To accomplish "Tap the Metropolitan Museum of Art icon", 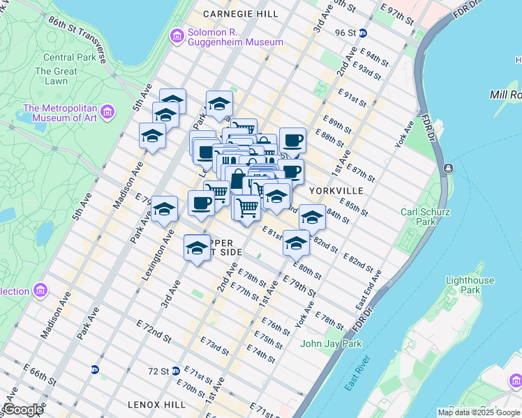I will click(107, 111).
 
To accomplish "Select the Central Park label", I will click(69, 57).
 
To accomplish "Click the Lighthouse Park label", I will click(472, 285).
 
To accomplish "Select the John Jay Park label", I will click(331, 343).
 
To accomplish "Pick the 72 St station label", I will click(158, 371).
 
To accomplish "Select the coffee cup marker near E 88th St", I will click(292, 140).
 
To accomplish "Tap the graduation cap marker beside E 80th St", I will click(296, 245).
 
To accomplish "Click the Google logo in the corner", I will click(22, 410).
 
